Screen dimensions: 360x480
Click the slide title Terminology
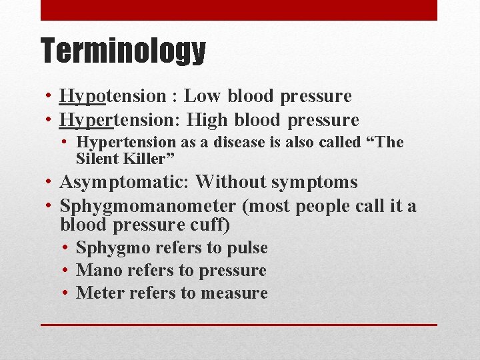[x=123, y=51]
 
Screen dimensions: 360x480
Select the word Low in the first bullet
[x=203, y=96]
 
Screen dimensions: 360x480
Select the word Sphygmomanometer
[x=147, y=206]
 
